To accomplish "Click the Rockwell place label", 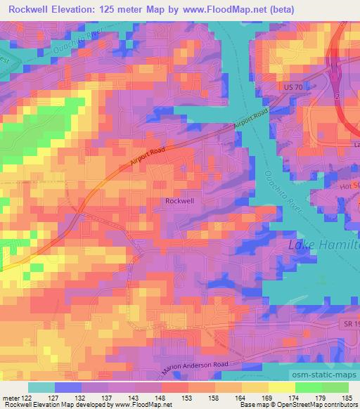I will click(x=179, y=200).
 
